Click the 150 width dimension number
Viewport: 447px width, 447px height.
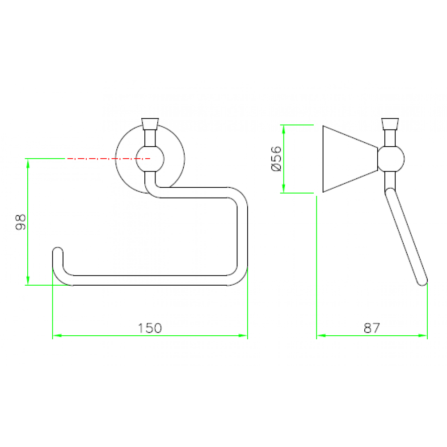(x=150, y=328)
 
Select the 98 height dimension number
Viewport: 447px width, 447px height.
(x=21, y=222)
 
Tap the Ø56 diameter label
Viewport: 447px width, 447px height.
(x=276, y=159)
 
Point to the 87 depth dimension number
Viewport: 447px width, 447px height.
(x=372, y=328)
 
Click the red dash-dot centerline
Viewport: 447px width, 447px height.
(x=109, y=159)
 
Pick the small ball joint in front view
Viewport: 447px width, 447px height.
(x=150, y=159)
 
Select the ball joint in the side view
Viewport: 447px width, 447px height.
(x=391, y=159)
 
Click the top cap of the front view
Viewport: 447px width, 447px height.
(x=150, y=124)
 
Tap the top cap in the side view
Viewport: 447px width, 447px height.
(x=390, y=124)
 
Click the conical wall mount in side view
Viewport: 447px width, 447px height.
(x=350, y=159)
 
